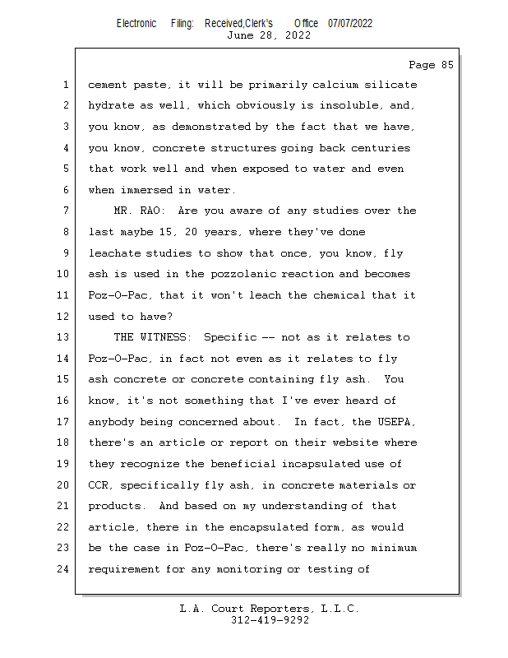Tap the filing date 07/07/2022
coord(350,23)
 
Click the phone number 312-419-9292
coord(270,620)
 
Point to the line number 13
coord(65,337)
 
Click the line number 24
coord(65,569)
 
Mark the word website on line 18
coord(359,443)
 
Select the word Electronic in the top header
coord(136,23)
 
